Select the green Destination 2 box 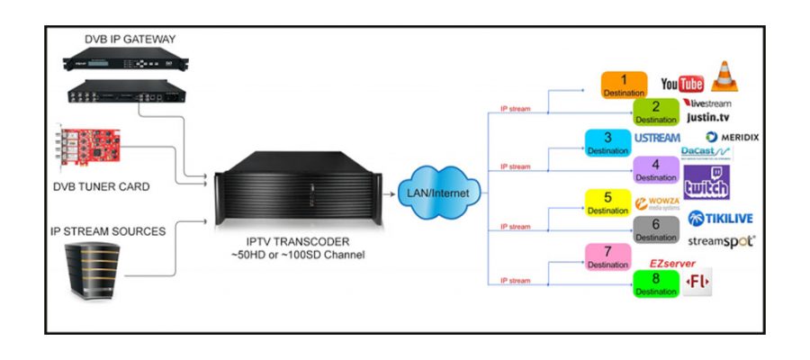click(656, 112)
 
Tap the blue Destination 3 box click(608, 143)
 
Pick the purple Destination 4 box click(656, 170)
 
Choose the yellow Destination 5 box click(608, 202)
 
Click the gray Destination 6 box click(656, 229)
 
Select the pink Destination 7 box click(608, 257)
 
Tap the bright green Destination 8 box click(656, 284)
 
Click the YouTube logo click(681, 84)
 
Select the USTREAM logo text click(657, 139)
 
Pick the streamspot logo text click(721, 241)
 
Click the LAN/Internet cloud click(439, 190)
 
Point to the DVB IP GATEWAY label click(130, 39)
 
